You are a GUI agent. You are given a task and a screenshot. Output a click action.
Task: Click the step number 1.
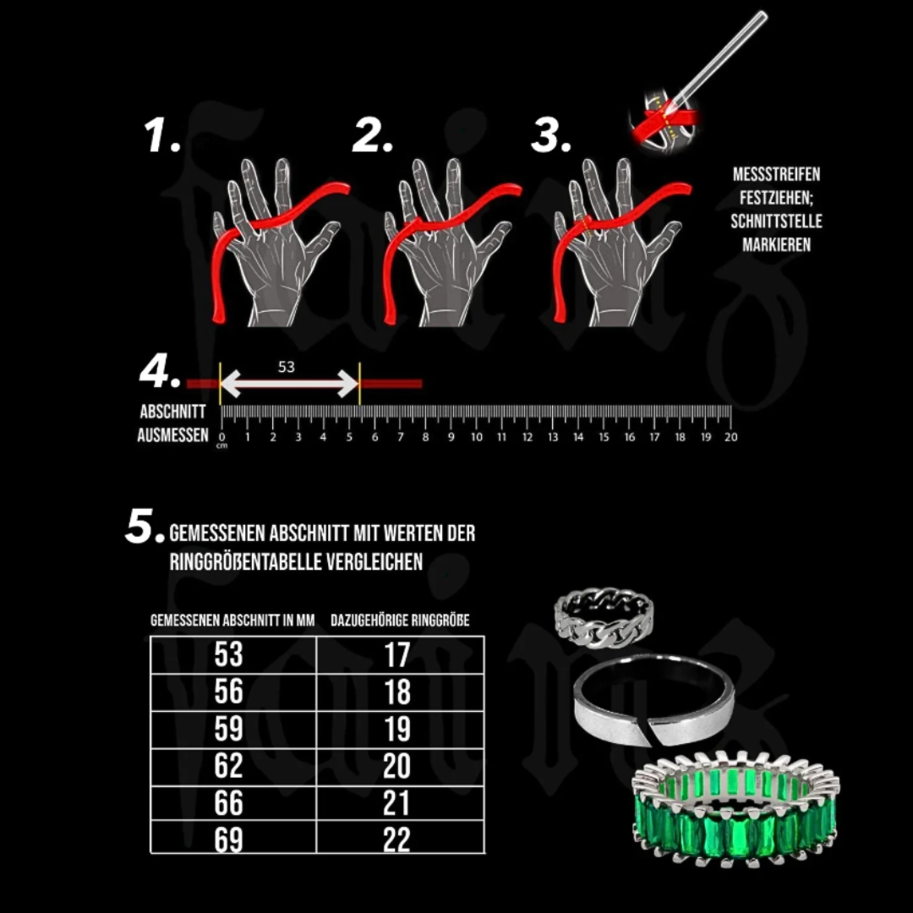point(161,135)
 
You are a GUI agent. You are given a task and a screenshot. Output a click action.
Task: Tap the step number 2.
point(373,135)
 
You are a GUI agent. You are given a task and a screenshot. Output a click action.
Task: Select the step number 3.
point(551,135)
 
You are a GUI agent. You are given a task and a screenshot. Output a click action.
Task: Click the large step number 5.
point(145,527)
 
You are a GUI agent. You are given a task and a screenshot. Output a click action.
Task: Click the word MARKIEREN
point(776,244)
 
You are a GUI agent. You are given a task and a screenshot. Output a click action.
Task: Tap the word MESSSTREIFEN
point(776,174)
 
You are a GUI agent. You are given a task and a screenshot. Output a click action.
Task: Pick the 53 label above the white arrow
point(286,367)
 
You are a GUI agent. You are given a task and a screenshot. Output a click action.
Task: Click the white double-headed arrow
point(289,384)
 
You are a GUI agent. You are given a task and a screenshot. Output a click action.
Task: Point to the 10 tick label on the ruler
point(476,437)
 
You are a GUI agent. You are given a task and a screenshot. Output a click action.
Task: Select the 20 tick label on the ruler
point(730,437)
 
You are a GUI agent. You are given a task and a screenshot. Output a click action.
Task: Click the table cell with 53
point(233,655)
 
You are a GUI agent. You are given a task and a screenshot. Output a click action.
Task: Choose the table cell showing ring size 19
point(400,730)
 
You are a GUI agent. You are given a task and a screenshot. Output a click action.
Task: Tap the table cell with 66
point(233,804)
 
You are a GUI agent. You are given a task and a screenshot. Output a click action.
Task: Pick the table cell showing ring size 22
point(400,838)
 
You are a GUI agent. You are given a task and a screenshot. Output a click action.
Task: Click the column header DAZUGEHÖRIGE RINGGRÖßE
point(400,621)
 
